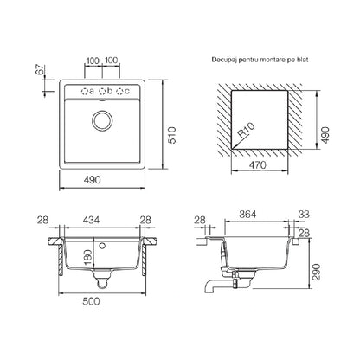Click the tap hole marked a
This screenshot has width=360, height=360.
[85, 92]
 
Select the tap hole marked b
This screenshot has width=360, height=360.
[102, 92]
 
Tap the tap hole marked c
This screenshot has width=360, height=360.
[119, 92]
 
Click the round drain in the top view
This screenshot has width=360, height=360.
[102, 120]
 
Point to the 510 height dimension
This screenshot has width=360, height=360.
[172, 135]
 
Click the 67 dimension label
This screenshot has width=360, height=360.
[41, 70]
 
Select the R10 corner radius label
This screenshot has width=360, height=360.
[246, 130]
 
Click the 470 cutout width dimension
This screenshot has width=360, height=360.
[257, 165]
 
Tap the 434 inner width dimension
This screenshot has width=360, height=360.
[91, 220]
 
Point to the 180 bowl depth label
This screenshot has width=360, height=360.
[87, 257]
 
